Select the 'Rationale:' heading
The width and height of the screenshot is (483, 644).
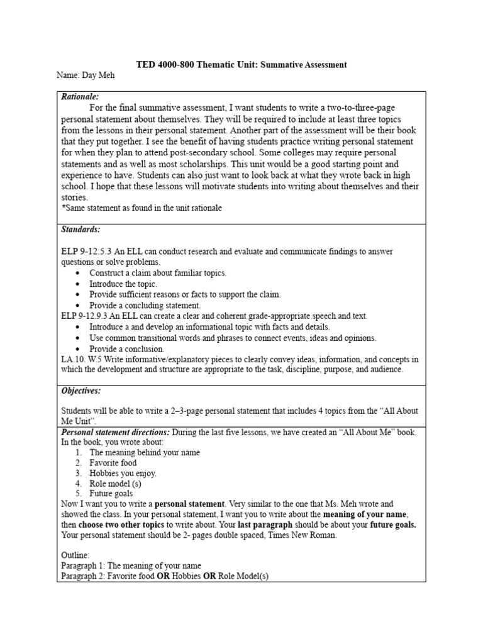(x=80, y=97)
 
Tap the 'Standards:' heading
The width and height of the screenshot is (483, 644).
(x=80, y=230)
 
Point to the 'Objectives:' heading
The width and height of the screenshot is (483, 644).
(x=81, y=391)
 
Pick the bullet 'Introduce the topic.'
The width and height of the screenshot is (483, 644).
(x=123, y=284)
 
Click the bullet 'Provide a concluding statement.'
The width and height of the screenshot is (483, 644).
(x=145, y=306)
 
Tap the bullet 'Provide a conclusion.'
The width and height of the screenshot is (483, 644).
(x=127, y=349)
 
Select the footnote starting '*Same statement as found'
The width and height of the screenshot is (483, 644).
(x=142, y=208)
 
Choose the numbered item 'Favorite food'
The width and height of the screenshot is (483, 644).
(x=113, y=463)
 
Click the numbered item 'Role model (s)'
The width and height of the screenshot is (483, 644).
(x=116, y=484)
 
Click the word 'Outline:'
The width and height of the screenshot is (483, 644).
(x=75, y=555)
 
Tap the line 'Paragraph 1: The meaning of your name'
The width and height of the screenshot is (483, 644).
(x=131, y=566)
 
